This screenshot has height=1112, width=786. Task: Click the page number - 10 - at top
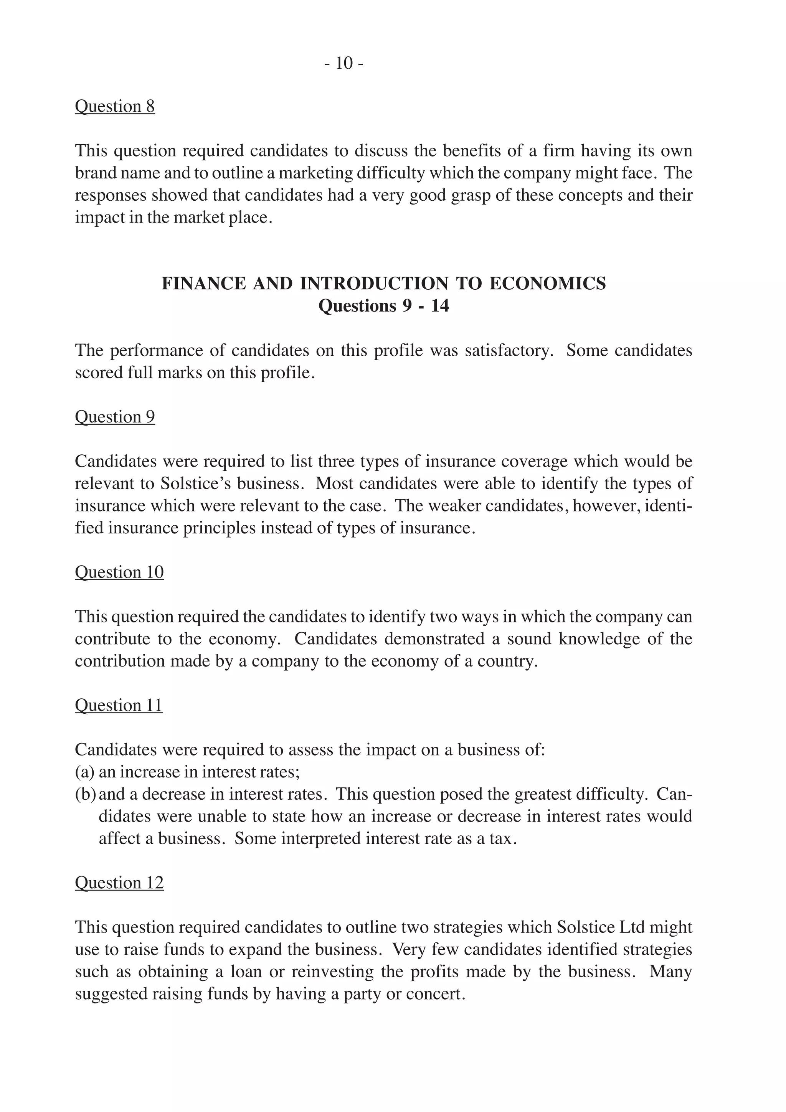coord(344,63)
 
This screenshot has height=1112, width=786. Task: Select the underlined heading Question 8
coord(115,106)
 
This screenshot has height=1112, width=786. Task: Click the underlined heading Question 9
coord(115,416)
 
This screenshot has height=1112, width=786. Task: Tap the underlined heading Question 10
coord(119,572)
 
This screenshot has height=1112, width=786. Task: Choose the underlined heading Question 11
coord(119,705)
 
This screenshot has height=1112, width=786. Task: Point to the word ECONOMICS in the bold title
coord(547,283)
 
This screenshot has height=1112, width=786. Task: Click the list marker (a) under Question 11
coord(84,772)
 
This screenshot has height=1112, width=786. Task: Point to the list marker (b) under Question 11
coord(85,794)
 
